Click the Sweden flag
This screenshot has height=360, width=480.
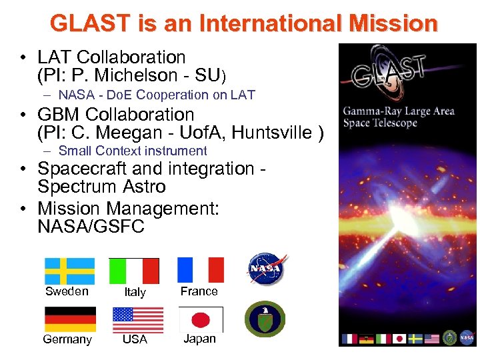[70, 271]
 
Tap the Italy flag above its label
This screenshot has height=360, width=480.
[134, 271]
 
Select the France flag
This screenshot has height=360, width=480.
[201, 270]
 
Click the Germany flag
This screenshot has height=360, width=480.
[70, 319]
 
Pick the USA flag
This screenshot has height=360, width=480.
[138, 319]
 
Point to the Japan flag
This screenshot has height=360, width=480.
[201, 319]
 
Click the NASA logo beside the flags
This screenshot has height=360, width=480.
[266, 268]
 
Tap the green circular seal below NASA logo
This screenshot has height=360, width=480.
[265, 319]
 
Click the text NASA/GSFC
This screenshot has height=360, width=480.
[91, 227]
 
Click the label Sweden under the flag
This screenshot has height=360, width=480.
[67, 291]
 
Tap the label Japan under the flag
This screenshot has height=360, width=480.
[200, 339]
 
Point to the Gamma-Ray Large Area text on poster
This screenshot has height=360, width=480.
[399, 111]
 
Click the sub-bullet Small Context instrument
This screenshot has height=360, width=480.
[133, 151]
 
